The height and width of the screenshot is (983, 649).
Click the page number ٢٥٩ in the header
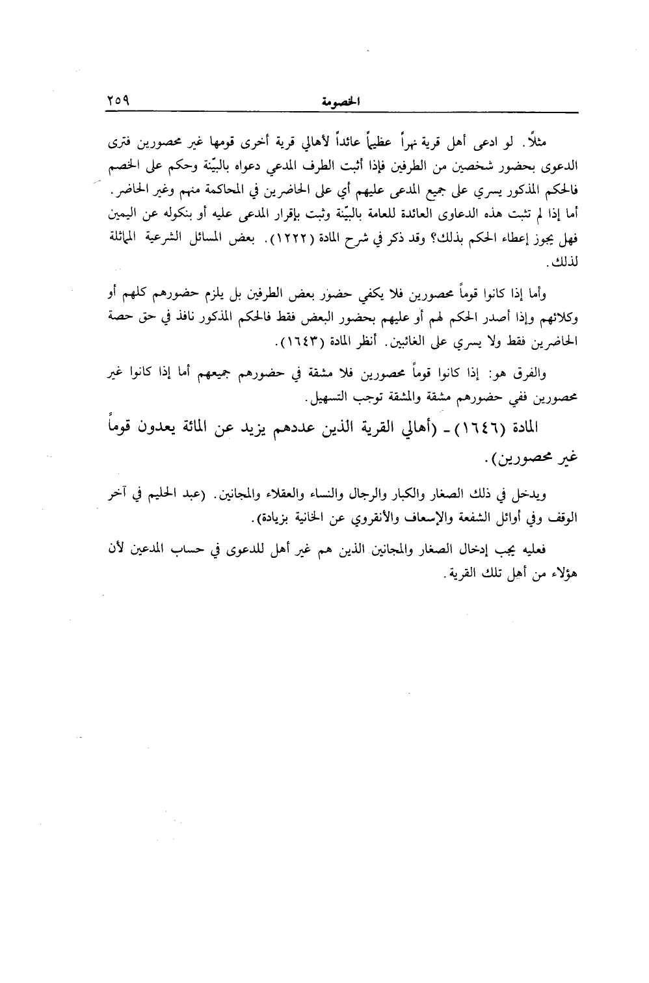(x=119, y=102)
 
